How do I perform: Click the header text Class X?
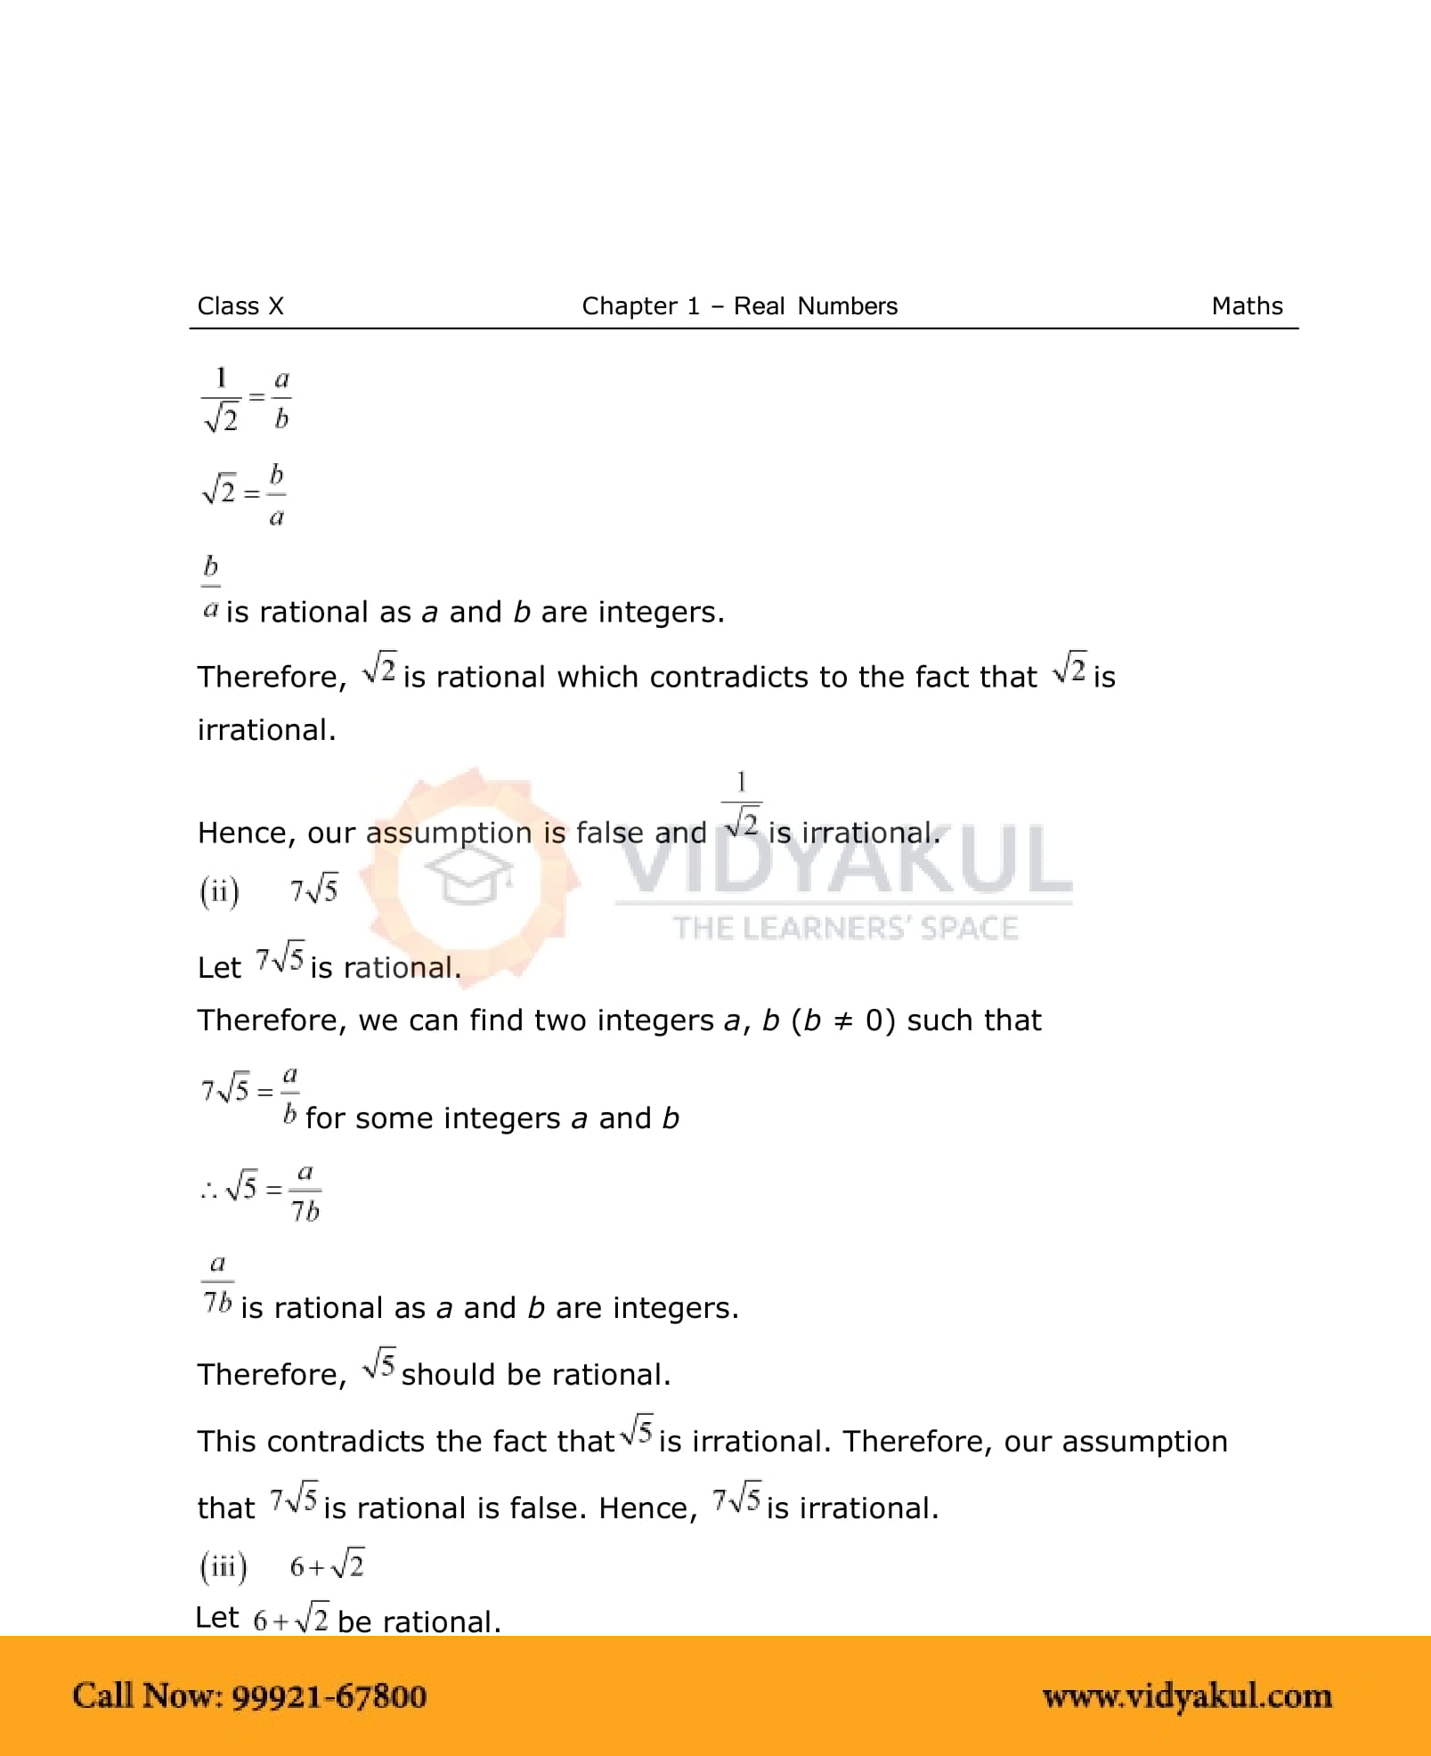click(240, 306)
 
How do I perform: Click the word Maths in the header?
click(1247, 306)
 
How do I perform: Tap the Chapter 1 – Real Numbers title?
click(739, 306)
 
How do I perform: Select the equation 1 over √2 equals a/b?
click(246, 399)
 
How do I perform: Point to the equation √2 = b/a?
click(244, 493)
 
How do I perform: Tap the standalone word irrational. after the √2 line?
click(266, 730)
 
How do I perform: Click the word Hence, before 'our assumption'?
click(246, 833)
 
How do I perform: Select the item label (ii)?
click(219, 891)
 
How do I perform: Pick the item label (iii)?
click(223, 1566)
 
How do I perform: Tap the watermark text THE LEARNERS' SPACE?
click(844, 929)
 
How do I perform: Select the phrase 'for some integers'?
click(433, 1119)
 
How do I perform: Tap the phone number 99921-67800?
click(329, 1696)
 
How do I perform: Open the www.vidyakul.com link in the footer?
click(1187, 1696)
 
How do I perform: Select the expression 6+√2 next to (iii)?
click(327, 1566)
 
